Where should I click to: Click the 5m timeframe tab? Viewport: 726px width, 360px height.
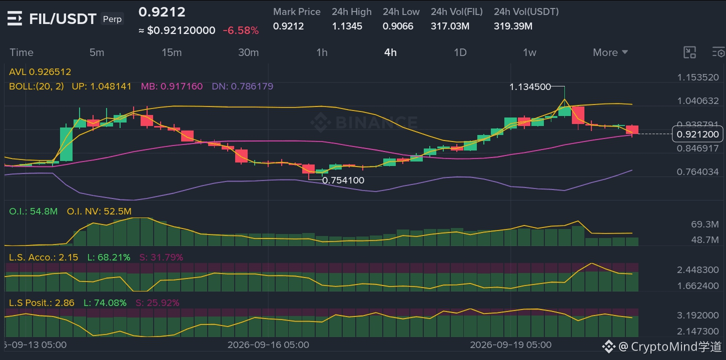[97, 52]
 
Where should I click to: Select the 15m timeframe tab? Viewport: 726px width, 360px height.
[172, 52]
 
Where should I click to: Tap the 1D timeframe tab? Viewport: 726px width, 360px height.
[460, 52]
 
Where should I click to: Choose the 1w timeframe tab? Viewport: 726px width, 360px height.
[529, 52]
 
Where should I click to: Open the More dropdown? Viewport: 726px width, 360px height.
[610, 52]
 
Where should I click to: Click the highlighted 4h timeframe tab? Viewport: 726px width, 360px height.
[390, 52]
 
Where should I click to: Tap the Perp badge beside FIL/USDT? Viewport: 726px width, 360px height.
[112, 19]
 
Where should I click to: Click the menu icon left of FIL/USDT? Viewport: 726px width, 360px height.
[15, 18]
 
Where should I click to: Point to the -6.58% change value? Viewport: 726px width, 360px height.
[241, 30]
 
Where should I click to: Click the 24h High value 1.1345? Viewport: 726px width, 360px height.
[347, 26]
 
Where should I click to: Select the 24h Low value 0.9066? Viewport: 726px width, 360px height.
[398, 26]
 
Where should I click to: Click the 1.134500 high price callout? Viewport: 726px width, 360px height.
[530, 87]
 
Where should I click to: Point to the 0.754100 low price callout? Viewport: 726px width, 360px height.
[343, 180]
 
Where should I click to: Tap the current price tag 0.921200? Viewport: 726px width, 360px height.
[697, 134]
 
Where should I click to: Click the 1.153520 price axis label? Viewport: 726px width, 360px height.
[698, 77]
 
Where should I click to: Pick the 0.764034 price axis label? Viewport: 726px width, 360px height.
[697, 171]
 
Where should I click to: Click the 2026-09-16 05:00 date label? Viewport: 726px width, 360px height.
[268, 345]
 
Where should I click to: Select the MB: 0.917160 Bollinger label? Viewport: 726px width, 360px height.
[172, 86]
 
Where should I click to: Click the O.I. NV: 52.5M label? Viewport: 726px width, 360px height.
[99, 211]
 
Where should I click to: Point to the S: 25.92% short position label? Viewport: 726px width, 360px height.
[157, 302]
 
